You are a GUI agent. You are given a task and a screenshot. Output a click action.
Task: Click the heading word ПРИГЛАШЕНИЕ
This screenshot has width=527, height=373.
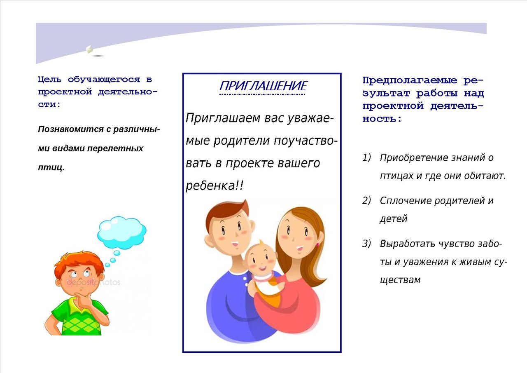point(263,86)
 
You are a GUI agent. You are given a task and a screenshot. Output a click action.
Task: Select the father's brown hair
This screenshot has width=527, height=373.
point(226,212)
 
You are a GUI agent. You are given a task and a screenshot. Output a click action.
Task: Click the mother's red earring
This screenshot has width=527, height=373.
point(317,245)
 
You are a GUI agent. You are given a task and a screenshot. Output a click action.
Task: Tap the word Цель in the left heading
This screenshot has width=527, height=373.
point(49,80)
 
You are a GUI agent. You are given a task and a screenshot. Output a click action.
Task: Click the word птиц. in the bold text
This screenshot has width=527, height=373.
point(51,167)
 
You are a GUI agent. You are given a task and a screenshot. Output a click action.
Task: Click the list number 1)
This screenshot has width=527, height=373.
point(366,157)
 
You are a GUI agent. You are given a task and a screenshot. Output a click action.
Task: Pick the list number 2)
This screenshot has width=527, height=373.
point(366,201)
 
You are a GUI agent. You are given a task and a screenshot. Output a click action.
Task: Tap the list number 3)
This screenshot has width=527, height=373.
point(366,244)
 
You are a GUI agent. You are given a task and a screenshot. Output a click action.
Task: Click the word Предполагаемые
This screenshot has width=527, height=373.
point(410,80)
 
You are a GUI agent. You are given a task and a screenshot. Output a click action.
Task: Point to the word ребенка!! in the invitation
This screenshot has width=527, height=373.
point(215,186)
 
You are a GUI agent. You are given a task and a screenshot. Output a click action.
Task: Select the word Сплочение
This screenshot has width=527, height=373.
point(405,201)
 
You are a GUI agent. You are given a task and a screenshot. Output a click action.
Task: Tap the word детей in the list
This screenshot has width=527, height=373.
point(393,219)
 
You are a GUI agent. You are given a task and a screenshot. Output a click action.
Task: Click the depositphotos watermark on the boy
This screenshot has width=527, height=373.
point(93,282)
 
